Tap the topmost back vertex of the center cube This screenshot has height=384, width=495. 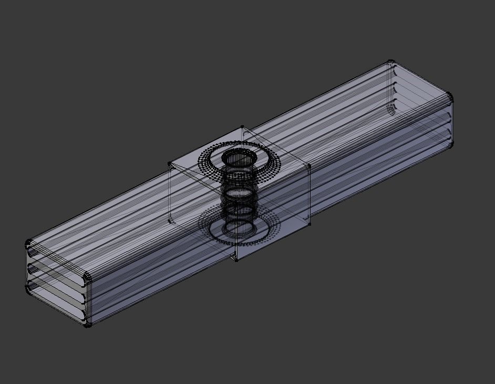(x=242, y=127)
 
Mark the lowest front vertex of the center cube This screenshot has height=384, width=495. (x=236, y=259)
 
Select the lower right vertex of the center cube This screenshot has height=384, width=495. (x=310, y=224)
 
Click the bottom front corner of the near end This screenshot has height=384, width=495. (x=88, y=325)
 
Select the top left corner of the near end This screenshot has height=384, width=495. (x=29, y=244)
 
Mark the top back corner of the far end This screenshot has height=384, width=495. (x=390, y=63)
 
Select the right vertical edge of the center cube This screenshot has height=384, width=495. (x=310, y=195)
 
